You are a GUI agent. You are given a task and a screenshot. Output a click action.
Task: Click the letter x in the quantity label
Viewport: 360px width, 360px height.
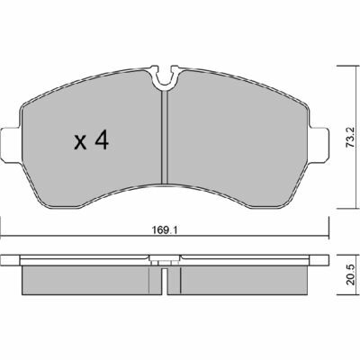click(79, 141)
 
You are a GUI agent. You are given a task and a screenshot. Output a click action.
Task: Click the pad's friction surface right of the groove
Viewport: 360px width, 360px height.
click(234, 144)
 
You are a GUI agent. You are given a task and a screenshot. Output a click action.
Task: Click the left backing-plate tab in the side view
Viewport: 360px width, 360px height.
click(11, 262)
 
